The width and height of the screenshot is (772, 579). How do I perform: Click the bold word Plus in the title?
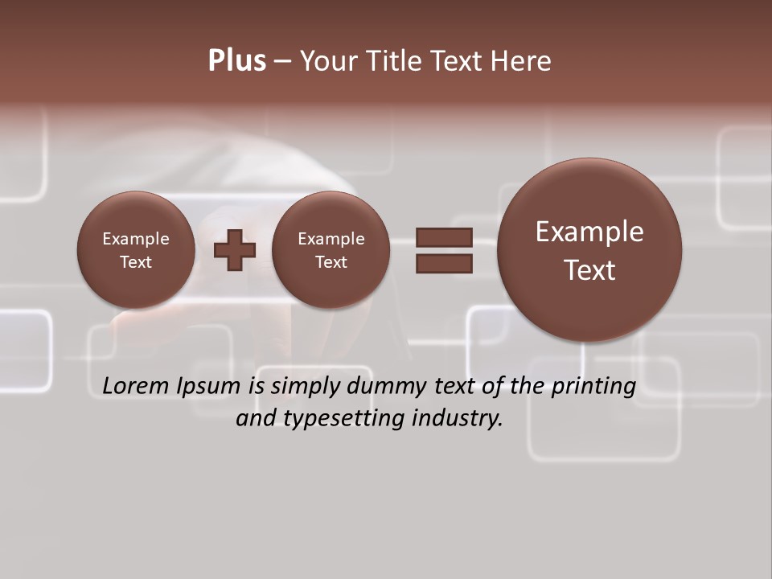click(236, 61)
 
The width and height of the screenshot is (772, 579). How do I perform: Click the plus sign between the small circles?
click(235, 249)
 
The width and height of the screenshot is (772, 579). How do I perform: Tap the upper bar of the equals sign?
click(444, 237)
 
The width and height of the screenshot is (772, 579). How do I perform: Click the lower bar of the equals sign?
click(444, 263)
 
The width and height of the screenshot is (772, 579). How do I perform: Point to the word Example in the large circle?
click(589, 232)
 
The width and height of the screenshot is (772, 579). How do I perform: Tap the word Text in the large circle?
click(589, 270)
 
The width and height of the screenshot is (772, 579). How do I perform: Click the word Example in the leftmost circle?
click(136, 239)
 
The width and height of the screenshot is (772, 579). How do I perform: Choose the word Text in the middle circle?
click(331, 262)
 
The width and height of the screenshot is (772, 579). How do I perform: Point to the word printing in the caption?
click(593, 387)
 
